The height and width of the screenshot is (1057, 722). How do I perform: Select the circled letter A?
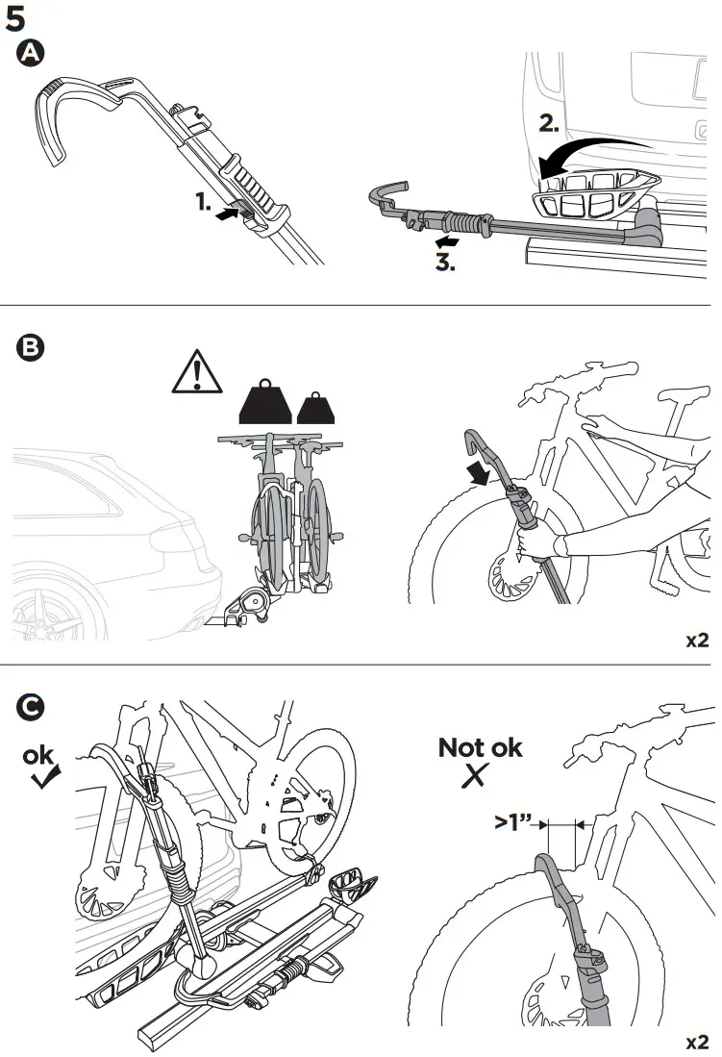(x=31, y=55)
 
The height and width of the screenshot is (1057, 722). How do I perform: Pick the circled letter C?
(x=31, y=707)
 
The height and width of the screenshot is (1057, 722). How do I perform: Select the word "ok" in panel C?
(x=39, y=755)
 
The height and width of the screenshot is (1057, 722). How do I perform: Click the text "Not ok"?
(x=480, y=747)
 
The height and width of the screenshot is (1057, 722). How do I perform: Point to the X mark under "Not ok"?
(x=473, y=777)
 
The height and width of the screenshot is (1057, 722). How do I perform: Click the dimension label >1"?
(x=514, y=824)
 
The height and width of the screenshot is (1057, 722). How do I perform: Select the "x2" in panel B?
(x=696, y=640)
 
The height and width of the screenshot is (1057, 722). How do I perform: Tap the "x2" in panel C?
(x=696, y=1042)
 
